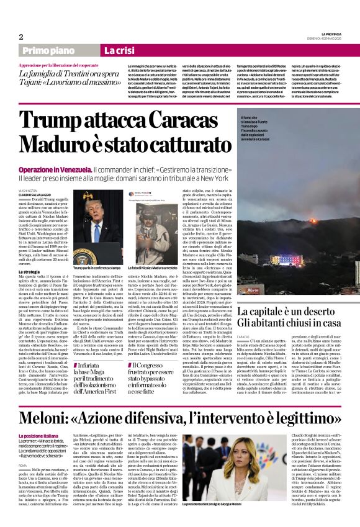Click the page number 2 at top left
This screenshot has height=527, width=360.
click(x=21, y=37)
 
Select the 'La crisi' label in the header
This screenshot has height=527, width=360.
click(x=117, y=50)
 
